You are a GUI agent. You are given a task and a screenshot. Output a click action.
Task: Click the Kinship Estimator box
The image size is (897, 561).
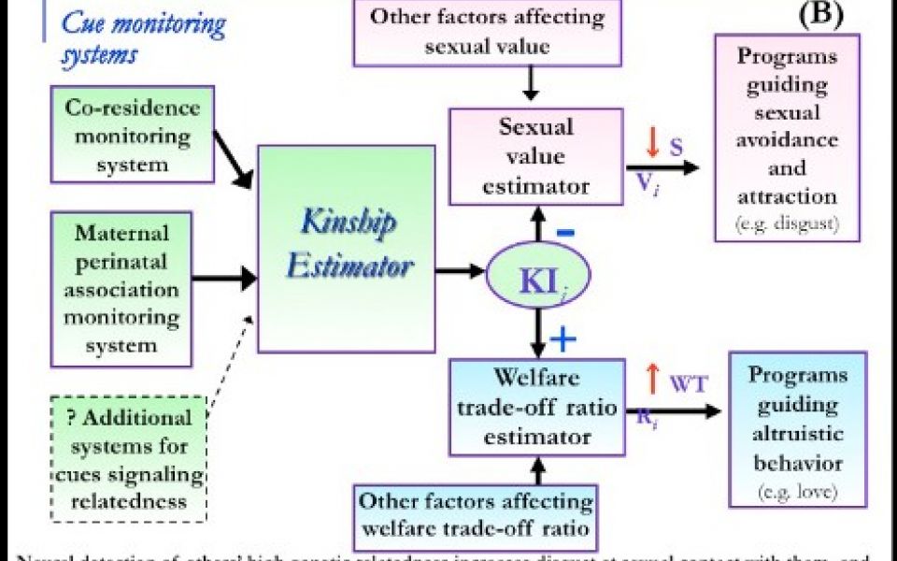pyautogui.click(x=347, y=248)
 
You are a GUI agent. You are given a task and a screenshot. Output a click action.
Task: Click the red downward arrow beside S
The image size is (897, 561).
pyautogui.click(x=652, y=142)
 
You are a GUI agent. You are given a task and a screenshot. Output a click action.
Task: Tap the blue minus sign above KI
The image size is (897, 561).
pyautogui.click(x=565, y=232)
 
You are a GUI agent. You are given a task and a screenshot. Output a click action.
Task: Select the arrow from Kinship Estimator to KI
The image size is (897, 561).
pyautogui.click(x=459, y=272)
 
